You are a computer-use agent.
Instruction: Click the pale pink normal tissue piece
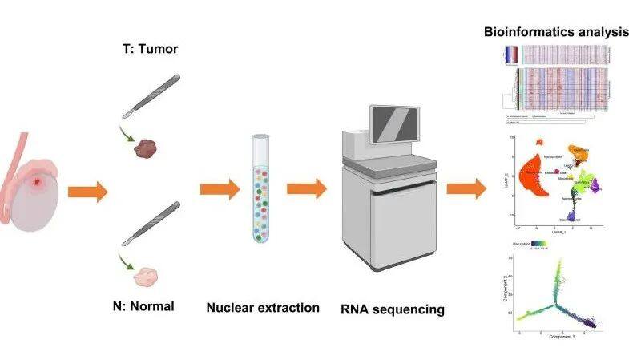click(146, 276)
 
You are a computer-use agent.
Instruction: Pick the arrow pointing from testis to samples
click(88, 192)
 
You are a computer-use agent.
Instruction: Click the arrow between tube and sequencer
click(306, 190)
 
